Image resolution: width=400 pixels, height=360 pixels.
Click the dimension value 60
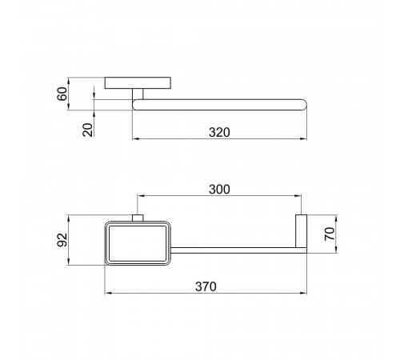click(x=62, y=94)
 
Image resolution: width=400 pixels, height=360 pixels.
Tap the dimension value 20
click(x=88, y=130)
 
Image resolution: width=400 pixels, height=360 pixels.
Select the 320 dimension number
click(x=219, y=133)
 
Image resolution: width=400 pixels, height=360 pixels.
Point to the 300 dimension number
click(x=219, y=190)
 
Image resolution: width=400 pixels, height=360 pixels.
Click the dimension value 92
click(x=62, y=240)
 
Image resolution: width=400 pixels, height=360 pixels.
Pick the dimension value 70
click(x=330, y=234)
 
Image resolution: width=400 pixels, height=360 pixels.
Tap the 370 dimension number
click(x=206, y=286)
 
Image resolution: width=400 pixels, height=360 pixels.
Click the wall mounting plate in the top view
click(x=138, y=83)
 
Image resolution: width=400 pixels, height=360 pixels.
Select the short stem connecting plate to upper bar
click(x=138, y=94)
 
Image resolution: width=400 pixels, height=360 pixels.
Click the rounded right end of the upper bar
click(x=304, y=105)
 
